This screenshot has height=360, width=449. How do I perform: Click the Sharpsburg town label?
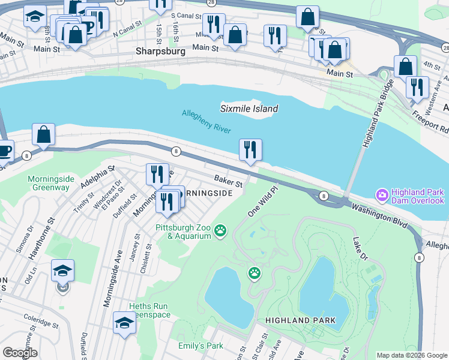pos(160,52)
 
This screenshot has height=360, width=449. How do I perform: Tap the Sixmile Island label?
pos(249,109)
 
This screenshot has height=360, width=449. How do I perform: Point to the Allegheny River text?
pos(206,121)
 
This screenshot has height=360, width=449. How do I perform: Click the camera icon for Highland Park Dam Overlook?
pos(381,195)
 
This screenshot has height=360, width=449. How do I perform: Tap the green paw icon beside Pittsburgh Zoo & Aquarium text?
pos(221,230)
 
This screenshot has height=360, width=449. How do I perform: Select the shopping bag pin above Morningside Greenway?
pos(44,135)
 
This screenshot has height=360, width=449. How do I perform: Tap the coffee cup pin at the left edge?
pos(4,151)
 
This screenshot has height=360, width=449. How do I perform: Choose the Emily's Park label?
pos(200,346)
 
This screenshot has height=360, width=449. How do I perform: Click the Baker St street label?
pos(228,181)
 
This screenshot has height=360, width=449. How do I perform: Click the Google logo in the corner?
pos(20,353)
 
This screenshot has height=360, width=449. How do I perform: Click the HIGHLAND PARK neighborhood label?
pos(301,320)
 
